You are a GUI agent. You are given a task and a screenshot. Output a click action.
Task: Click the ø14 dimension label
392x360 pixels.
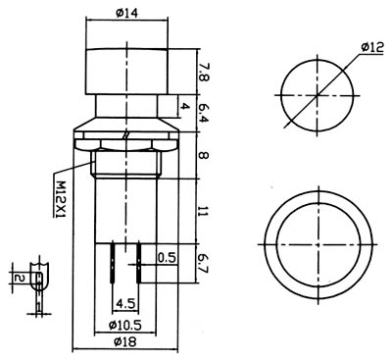(x=126, y=13)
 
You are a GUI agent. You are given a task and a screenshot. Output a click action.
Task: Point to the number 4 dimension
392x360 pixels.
(x=185, y=106)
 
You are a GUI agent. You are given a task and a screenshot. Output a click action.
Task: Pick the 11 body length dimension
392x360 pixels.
(x=204, y=213)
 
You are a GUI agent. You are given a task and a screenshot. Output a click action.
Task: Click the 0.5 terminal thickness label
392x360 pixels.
(x=167, y=258)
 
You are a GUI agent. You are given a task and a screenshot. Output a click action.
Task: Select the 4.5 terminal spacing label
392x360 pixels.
(x=125, y=304)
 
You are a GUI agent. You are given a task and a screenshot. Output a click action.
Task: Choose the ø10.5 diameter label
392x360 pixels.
(x=124, y=325)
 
